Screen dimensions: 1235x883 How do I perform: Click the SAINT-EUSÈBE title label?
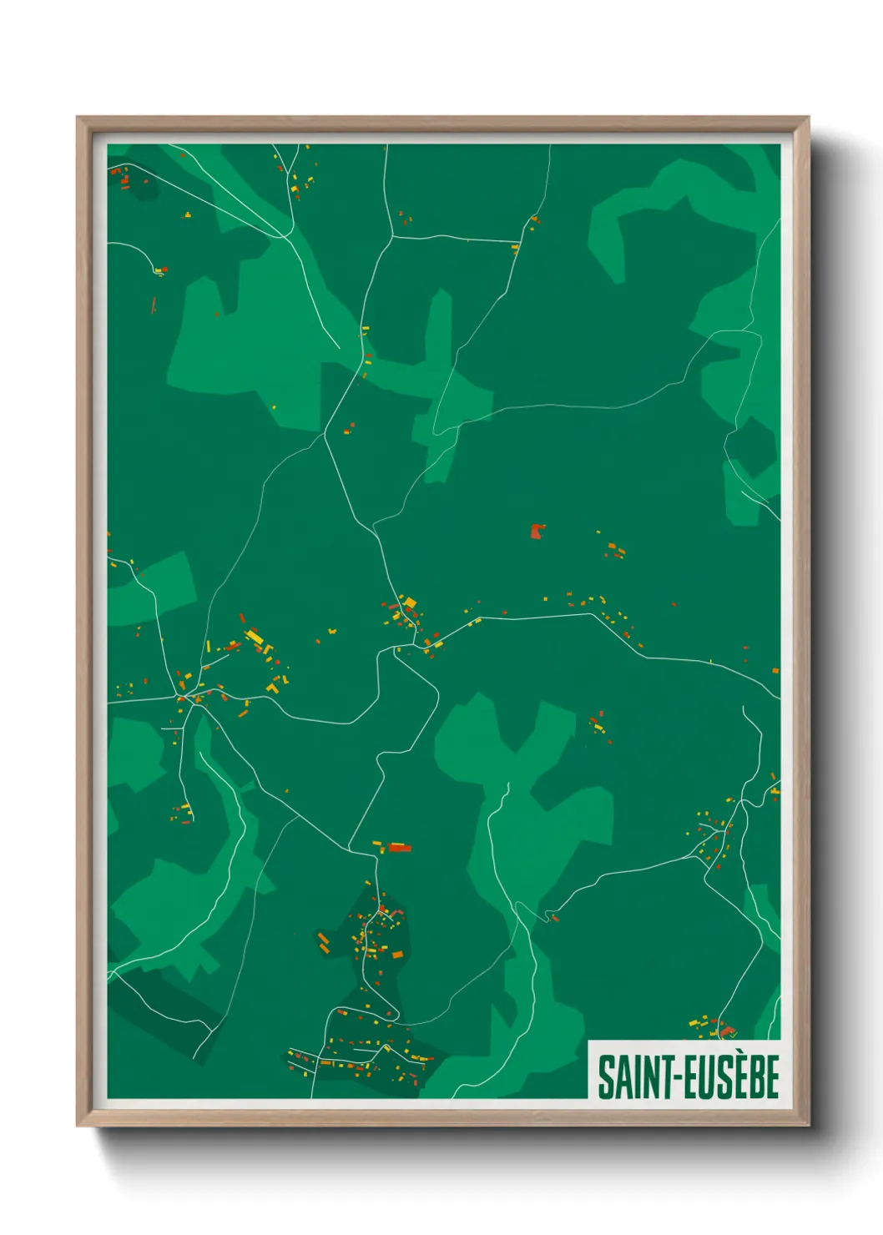[x=688, y=1076]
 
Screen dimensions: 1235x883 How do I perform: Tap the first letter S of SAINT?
[x=605, y=1076]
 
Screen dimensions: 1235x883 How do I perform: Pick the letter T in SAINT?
[x=665, y=1076]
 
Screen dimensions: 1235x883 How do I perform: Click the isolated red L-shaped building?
[x=537, y=531]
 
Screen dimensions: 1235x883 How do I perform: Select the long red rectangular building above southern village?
[x=400, y=848]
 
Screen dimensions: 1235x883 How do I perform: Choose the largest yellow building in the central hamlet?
[x=409, y=602]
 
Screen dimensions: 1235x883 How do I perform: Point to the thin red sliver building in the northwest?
[x=154, y=305]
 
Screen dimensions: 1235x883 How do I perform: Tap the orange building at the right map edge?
[x=775, y=671]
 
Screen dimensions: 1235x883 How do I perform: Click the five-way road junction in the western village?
[x=192, y=698]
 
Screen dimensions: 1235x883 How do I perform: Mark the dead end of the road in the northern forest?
[x=338, y=347]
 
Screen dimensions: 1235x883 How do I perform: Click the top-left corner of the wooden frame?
[x=78, y=118]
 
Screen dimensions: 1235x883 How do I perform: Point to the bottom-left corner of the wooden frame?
[x=78, y=1125]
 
